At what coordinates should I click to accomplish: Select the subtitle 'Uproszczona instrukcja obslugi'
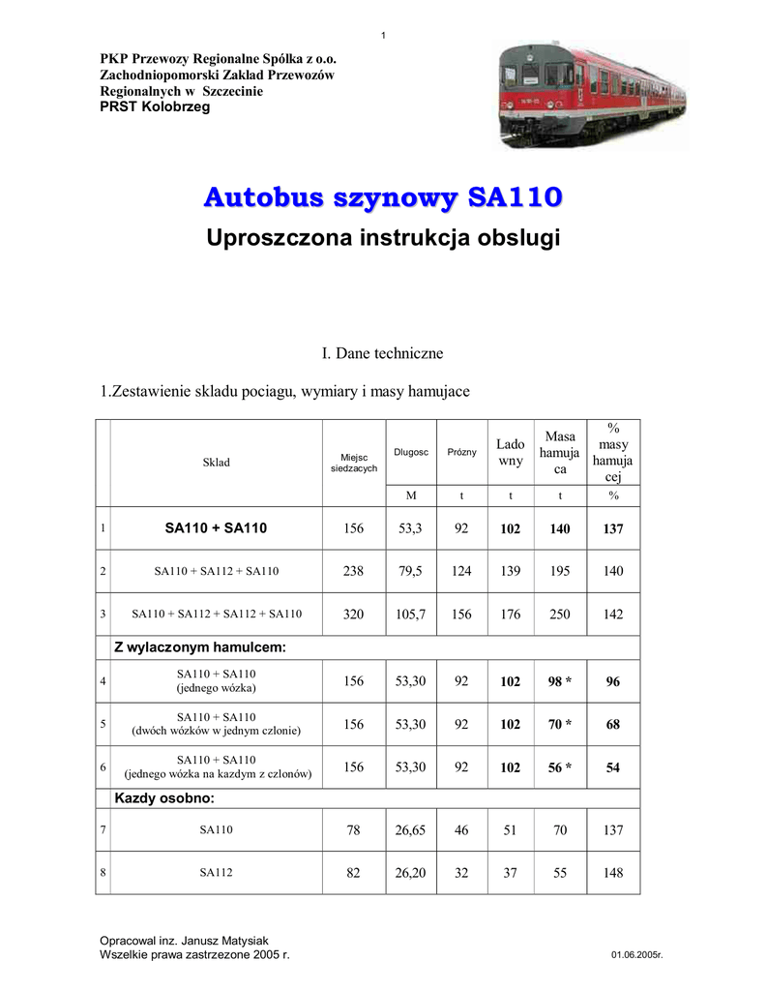pos(383,238)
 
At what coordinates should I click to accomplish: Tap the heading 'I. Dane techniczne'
pos(382,353)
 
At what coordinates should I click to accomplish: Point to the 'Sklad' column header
pos(216,463)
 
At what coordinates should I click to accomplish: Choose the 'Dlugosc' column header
pos(411,452)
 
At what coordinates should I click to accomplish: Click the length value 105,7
pos(411,614)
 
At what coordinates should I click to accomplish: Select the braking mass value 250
pos(560,614)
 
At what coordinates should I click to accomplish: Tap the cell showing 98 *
pos(560,681)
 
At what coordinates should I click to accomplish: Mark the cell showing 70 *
pos(560,724)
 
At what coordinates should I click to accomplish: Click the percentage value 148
pos(613,872)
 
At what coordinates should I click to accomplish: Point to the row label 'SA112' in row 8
pos(216,872)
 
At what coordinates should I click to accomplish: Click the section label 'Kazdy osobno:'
pos(164,798)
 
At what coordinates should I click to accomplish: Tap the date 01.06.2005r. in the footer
pos(636,955)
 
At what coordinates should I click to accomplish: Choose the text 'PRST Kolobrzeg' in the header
pos(155,107)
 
